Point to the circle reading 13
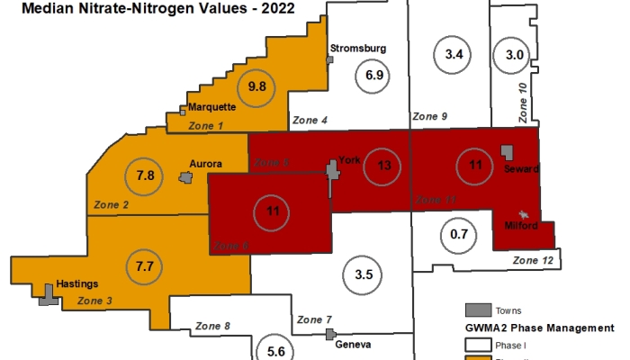coord(383,165)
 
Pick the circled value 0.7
coord(458,235)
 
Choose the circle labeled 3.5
coord(364,274)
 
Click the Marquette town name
coord(212,106)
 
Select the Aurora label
coord(205,165)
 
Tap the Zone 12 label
coord(533,260)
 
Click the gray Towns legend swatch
coord(480,310)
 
